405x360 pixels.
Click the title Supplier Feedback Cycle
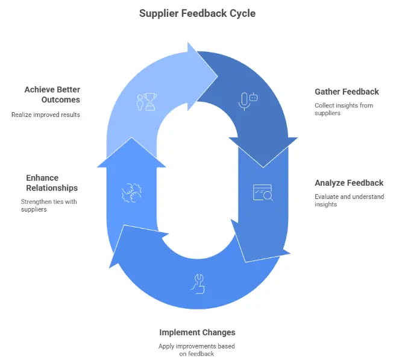tap(196, 13)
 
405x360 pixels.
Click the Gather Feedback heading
tap(347, 92)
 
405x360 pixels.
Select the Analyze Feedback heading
tap(349, 183)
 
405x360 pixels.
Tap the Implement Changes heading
tap(197, 332)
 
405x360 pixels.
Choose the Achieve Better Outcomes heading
tap(52, 95)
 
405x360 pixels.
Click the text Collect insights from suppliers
tap(344, 109)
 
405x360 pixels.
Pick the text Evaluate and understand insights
tap(349, 200)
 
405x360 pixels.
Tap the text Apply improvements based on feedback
tap(197, 350)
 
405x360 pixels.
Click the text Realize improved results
tap(46, 114)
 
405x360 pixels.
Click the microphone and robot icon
tap(248, 101)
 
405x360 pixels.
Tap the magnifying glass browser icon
tap(263, 192)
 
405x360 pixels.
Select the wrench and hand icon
tap(198, 283)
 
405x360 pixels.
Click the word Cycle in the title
tap(242, 13)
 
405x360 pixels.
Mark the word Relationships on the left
tap(52, 188)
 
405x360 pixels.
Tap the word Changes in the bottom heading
tap(219, 332)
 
